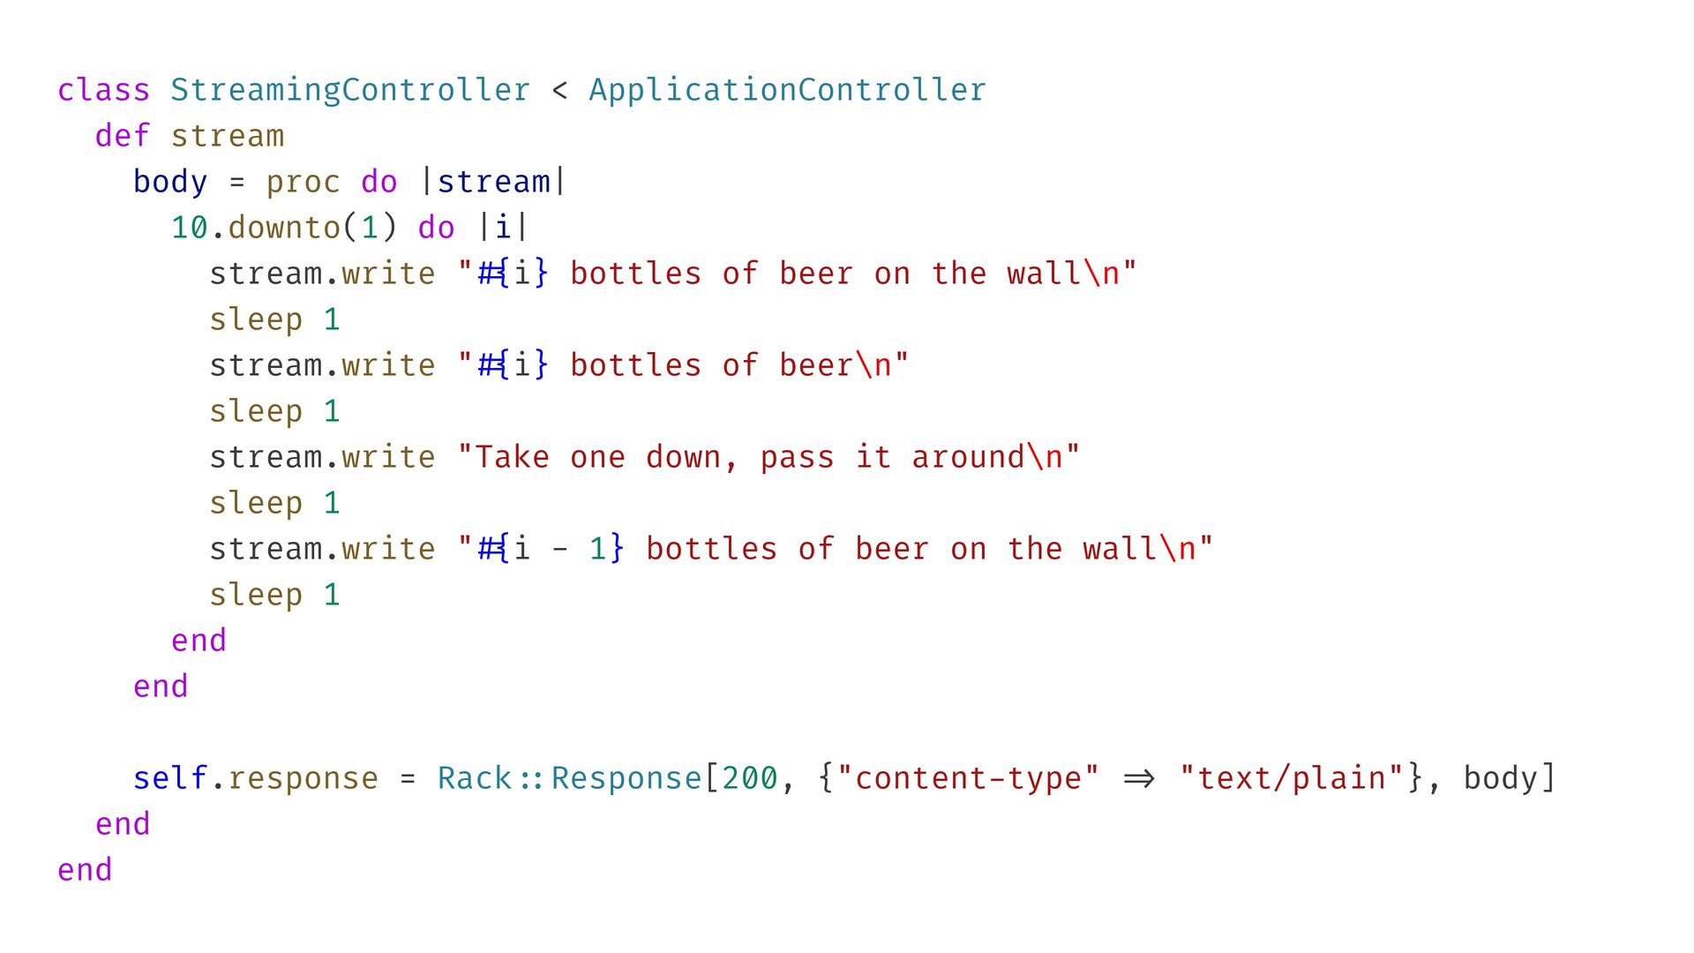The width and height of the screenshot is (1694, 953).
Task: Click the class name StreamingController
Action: (x=350, y=90)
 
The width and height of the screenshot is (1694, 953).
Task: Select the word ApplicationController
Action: (x=787, y=90)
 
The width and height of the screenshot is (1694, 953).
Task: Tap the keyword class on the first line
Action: (x=104, y=90)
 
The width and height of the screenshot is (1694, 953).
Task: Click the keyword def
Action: (x=123, y=136)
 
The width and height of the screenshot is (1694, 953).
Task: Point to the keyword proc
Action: (x=303, y=182)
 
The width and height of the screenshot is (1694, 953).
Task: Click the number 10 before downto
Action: (x=190, y=228)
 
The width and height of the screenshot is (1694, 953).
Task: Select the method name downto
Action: (x=284, y=228)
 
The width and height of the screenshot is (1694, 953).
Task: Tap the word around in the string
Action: (x=968, y=457)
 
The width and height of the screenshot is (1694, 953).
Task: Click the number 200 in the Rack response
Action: (x=750, y=778)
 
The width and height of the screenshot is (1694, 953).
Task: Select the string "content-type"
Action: (x=968, y=778)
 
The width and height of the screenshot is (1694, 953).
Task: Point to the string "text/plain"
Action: (x=1291, y=778)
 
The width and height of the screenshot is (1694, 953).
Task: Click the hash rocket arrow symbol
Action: (x=1139, y=778)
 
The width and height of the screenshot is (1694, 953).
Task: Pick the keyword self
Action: (x=170, y=778)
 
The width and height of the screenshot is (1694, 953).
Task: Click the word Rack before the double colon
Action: (x=474, y=778)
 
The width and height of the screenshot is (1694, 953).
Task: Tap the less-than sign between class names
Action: (x=559, y=90)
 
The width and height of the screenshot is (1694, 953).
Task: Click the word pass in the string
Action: (x=797, y=457)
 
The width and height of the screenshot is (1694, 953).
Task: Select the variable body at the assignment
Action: (x=170, y=182)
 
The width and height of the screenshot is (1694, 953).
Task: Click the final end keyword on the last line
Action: (x=85, y=870)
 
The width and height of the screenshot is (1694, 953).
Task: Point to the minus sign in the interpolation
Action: (x=559, y=549)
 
